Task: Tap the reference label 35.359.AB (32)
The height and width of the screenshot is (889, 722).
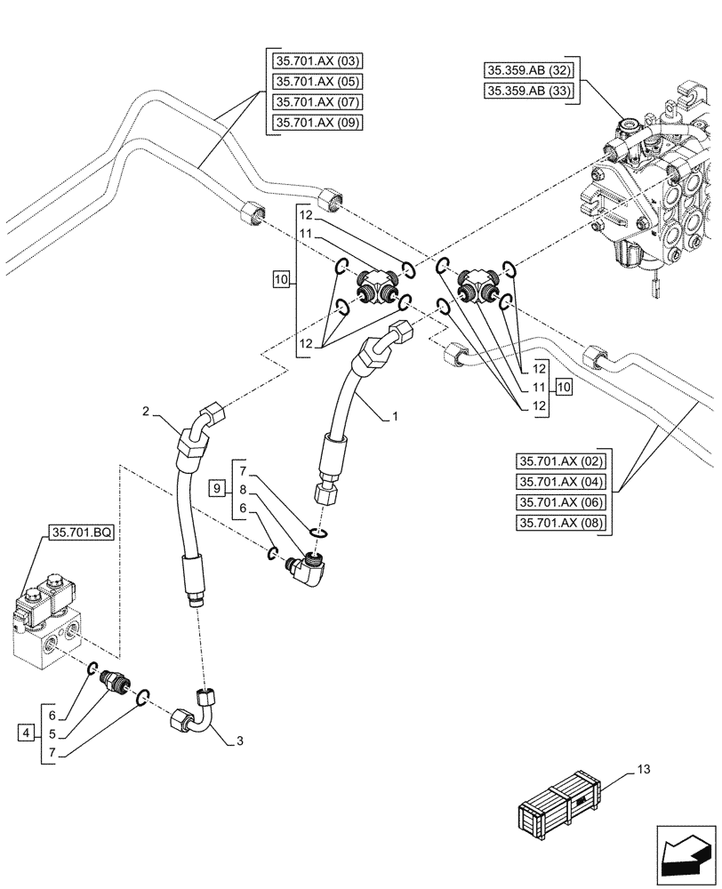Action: click(x=530, y=70)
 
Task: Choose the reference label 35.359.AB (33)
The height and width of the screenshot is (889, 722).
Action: click(x=530, y=91)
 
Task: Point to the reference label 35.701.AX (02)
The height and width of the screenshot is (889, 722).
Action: click(x=560, y=461)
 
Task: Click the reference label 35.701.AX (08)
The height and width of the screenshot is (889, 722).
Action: click(x=560, y=523)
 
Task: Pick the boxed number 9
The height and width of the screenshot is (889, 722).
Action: click(x=215, y=487)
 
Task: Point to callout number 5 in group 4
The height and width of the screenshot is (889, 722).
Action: click(x=52, y=734)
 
